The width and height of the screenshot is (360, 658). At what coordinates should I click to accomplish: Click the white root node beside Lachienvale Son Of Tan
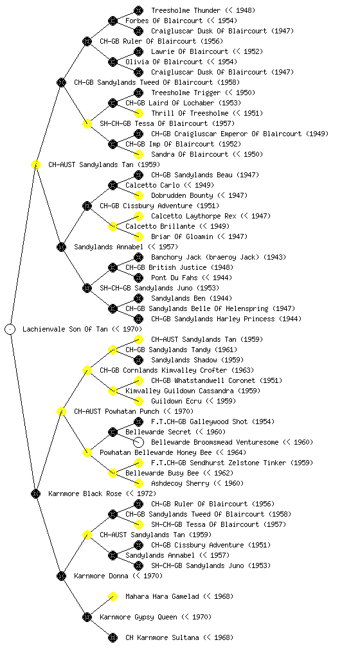pos(10,329)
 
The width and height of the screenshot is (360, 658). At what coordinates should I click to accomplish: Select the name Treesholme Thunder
pos(186,10)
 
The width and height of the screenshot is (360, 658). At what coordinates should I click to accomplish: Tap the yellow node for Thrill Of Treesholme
pos(138,113)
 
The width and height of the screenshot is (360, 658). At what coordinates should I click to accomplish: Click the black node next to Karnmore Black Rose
pos(35,493)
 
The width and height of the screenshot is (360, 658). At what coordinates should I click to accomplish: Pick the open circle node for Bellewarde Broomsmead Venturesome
pos(138,442)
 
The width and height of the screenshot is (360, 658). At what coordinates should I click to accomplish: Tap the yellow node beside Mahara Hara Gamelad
pos(113,596)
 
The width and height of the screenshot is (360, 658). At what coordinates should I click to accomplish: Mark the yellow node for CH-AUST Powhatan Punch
pos(61,411)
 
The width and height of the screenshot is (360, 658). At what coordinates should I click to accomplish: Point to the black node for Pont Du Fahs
pos(138,278)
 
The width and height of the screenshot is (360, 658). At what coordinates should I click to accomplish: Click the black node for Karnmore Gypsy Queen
pos(87,617)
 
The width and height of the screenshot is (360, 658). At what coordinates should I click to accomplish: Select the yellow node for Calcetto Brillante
pos(113,227)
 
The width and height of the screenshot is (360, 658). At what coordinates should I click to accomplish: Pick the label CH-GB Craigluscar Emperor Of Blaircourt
pos(226,134)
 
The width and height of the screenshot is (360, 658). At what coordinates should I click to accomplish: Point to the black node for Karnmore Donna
pos(61,576)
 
